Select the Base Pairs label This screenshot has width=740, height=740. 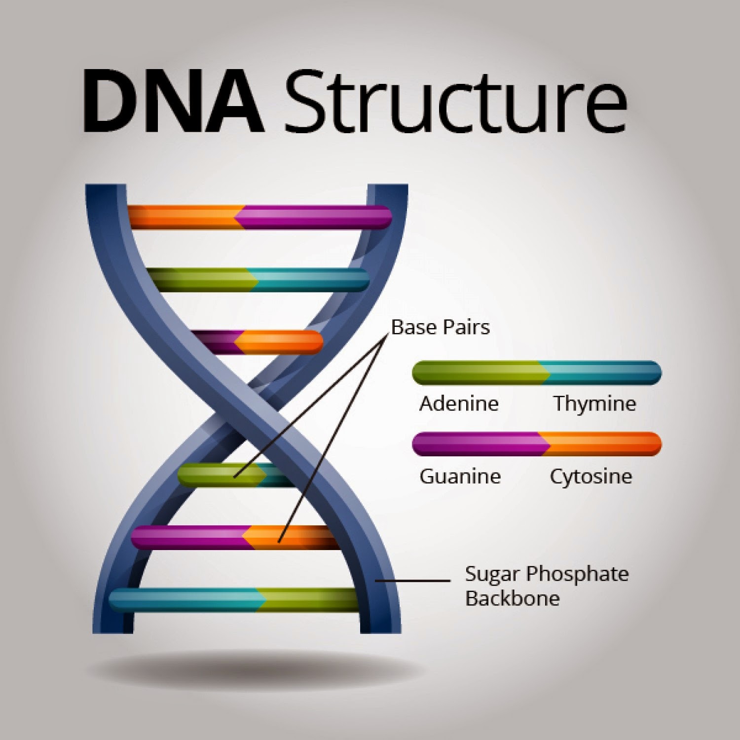(440, 328)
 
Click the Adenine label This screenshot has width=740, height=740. (459, 404)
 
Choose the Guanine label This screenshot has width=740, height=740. (460, 476)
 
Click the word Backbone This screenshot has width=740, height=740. (512, 598)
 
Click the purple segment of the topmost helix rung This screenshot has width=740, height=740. (313, 218)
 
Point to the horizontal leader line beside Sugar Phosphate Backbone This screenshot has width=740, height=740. (412, 581)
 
